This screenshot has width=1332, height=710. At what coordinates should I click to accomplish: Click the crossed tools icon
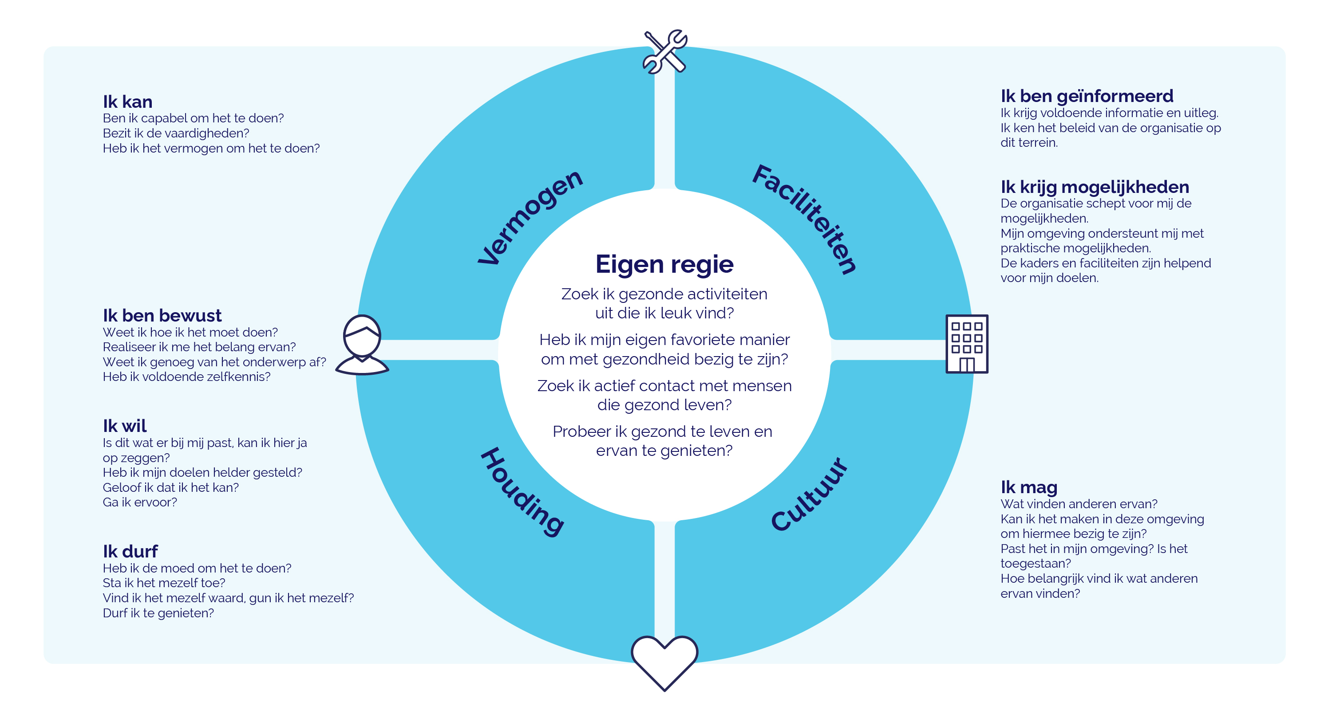665,52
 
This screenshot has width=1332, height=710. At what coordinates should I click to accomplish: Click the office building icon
966,344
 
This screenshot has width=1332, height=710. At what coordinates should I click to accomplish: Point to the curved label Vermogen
530,217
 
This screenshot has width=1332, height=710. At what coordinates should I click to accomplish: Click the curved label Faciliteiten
805,219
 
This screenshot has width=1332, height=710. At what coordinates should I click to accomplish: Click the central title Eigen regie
664,265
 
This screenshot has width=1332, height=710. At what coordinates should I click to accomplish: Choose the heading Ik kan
127,101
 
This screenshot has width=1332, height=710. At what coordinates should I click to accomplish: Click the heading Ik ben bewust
162,315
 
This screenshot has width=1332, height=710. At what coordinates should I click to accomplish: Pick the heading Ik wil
125,426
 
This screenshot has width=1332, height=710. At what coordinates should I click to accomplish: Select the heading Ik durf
130,551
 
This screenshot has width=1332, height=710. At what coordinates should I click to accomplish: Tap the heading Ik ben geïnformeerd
1087,96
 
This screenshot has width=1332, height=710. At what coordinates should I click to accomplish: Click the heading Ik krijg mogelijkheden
1095,187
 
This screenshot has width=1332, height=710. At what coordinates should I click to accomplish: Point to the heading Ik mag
1029,487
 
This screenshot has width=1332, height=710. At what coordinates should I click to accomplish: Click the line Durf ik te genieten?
158,613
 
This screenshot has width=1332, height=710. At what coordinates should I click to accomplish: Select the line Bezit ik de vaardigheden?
176,133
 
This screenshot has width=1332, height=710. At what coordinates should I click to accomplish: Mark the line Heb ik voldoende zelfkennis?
187,377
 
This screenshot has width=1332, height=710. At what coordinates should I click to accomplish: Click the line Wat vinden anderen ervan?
1079,504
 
